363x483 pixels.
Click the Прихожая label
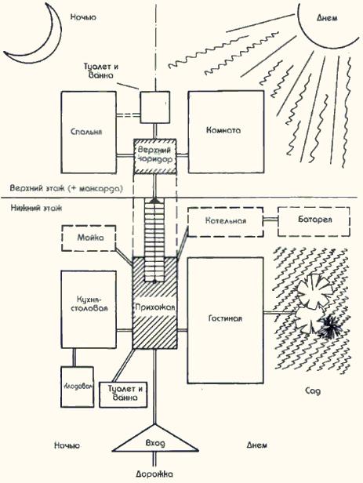pyautogui.click(x=155, y=307)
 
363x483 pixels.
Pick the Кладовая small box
pyautogui.click(x=78, y=387)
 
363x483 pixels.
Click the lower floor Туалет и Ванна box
pyautogui.click(x=123, y=394)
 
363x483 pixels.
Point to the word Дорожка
pyautogui.click(x=154, y=474)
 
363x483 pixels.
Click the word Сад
pyautogui.click(x=313, y=391)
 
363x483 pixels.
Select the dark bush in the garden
pyautogui.click(x=331, y=328)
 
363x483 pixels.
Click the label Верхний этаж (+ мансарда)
pyautogui.click(x=66, y=188)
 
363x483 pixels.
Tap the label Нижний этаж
pyautogui.click(x=36, y=208)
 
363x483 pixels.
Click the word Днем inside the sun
pyautogui.click(x=327, y=18)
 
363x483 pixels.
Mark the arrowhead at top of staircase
pyautogui.click(x=155, y=200)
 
